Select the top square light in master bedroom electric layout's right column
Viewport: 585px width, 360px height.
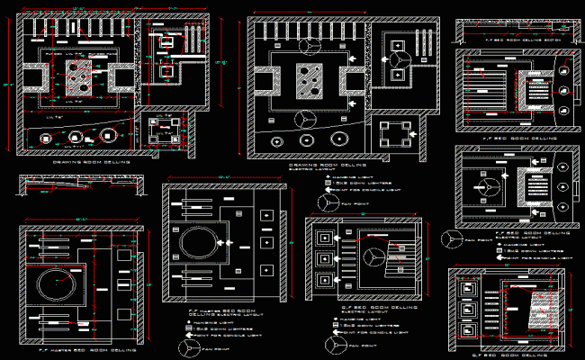tap(267, 215)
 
